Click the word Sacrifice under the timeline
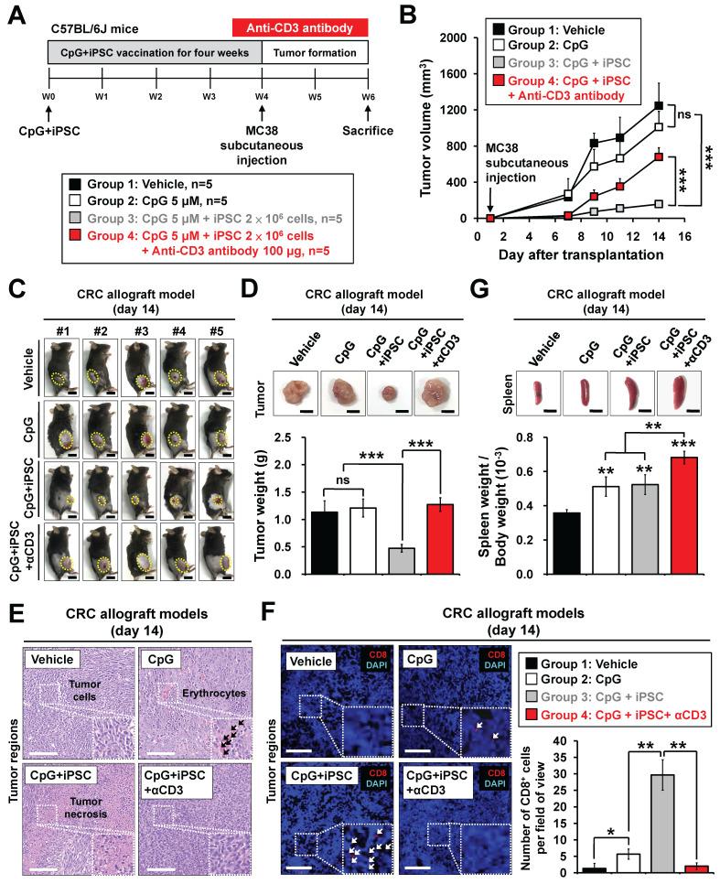point(367,131)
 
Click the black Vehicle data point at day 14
point(659,105)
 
